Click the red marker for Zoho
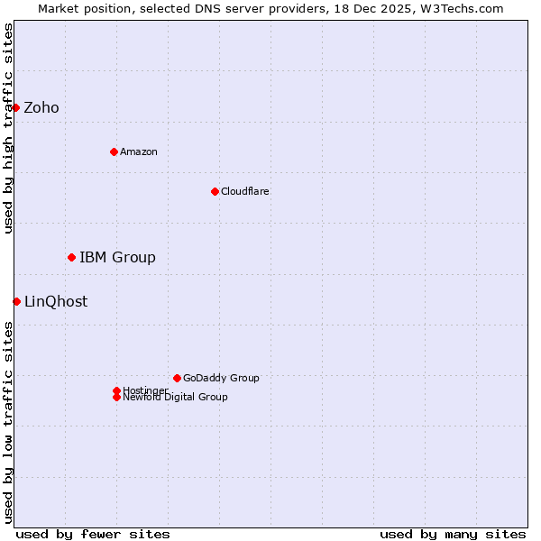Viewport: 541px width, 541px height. [15, 108]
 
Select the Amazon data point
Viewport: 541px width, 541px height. [114, 151]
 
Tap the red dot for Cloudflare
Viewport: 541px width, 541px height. [215, 191]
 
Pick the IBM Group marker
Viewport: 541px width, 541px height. [71, 258]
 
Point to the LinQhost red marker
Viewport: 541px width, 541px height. [16, 301]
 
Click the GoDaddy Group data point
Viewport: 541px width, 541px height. [177, 378]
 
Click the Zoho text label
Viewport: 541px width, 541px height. [41, 108]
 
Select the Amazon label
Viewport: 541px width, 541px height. [139, 151]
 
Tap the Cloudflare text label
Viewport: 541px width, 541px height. [245, 191]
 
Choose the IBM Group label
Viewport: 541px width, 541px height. [117, 258]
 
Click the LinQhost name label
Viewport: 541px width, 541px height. [56, 302]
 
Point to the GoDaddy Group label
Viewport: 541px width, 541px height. [221, 378]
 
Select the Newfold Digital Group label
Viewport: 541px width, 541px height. [176, 398]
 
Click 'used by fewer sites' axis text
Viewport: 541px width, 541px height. [93, 534]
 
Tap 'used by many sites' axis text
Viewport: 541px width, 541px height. [453, 534]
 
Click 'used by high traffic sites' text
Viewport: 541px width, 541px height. [8, 128]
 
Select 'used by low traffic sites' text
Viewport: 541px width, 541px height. [8, 422]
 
